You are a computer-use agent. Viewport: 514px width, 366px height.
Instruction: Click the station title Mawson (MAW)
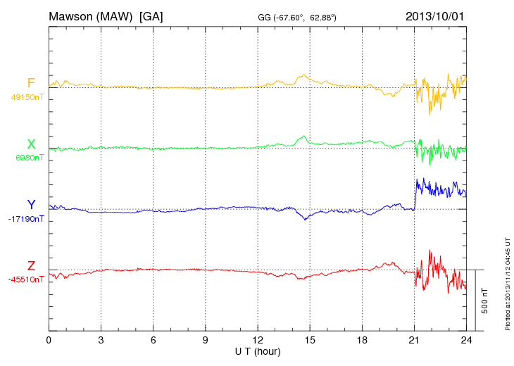pos(91,15)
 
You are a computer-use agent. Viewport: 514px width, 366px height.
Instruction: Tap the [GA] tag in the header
pos(151,15)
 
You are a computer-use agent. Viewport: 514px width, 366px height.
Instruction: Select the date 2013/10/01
pos(434,15)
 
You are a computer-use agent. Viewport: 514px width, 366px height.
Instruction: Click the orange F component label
pos(31,84)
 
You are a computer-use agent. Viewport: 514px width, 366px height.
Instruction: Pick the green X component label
pos(31,144)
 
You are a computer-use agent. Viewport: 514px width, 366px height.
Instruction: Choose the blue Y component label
pos(31,205)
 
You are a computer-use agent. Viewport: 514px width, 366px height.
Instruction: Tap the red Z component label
pos(31,265)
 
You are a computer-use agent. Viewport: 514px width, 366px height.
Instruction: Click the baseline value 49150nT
pos(26,97)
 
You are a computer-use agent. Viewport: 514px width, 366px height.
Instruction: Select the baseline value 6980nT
pos(29,158)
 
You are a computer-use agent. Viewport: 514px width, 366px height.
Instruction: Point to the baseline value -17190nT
pos(26,219)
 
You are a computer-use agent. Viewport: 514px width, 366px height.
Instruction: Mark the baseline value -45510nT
pos(26,279)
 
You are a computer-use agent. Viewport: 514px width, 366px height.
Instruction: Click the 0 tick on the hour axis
pos(49,340)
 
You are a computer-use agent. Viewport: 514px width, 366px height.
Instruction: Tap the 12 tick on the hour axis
pos(258,340)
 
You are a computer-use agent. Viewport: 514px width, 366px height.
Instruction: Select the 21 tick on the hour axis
pos(414,340)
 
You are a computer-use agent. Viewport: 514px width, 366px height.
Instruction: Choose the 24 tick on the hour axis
pos(466,340)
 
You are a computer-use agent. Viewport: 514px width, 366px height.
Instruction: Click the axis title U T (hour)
pos(258,351)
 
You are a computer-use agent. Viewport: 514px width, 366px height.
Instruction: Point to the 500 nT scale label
pos(485,300)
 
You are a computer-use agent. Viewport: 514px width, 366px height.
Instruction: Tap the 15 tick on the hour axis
pos(310,340)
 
